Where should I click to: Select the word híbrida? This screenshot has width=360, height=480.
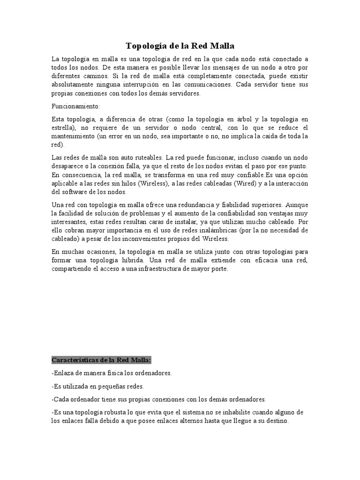coord(126,260)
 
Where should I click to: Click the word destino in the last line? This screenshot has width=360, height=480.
coord(277,420)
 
